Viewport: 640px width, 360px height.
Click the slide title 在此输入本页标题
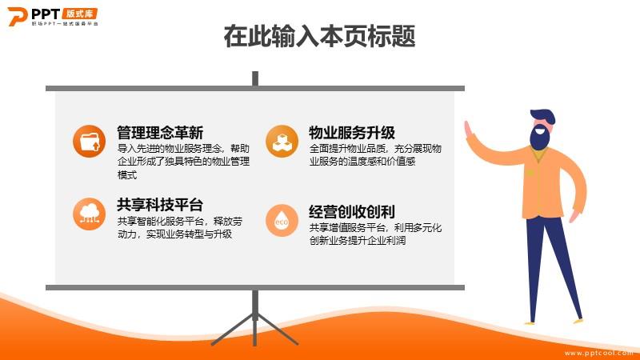tap(319, 36)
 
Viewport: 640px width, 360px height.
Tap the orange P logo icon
tap(18, 16)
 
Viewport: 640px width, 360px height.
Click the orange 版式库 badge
tap(79, 14)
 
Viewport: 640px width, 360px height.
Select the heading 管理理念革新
tap(160, 133)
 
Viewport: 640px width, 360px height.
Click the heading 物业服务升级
tap(352, 133)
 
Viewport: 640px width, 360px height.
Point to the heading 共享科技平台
tap(160, 205)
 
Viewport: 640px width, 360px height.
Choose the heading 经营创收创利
tap(352, 212)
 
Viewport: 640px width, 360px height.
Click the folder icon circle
tap(89, 142)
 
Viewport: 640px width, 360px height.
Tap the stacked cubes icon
tap(282, 142)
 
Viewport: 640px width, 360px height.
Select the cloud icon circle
tap(89, 214)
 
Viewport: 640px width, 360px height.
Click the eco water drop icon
tap(282, 221)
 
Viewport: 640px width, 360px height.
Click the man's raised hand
tap(469, 130)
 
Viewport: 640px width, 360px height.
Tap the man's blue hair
tap(543, 116)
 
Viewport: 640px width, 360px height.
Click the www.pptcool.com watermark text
tap(598, 353)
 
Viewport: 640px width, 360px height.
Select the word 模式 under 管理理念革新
tap(127, 175)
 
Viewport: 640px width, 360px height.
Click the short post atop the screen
tap(255, 78)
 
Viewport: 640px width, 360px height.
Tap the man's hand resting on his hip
tap(574, 215)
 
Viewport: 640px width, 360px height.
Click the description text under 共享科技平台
tap(179, 228)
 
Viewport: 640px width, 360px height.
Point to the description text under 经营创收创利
tap(375, 234)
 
